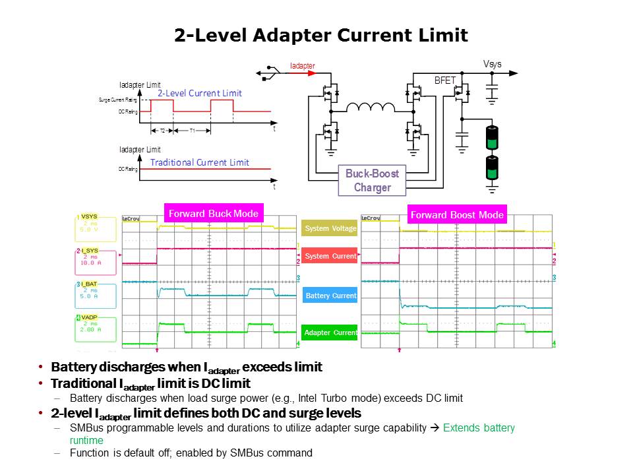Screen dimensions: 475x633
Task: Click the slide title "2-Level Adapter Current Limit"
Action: (x=321, y=36)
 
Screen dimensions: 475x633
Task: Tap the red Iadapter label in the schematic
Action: (x=303, y=66)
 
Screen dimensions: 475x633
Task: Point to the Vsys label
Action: (x=492, y=64)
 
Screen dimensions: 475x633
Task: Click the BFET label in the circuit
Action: (x=445, y=80)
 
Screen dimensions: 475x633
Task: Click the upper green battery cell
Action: (x=491, y=137)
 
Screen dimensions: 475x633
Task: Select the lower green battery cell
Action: (x=491, y=168)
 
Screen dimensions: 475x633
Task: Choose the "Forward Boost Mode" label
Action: (x=457, y=214)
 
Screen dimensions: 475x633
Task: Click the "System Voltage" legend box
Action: (x=330, y=229)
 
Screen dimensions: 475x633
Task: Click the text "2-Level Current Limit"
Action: (x=199, y=94)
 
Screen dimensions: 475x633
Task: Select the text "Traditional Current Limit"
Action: (x=200, y=162)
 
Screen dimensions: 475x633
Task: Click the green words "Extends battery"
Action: (x=479, y=428)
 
